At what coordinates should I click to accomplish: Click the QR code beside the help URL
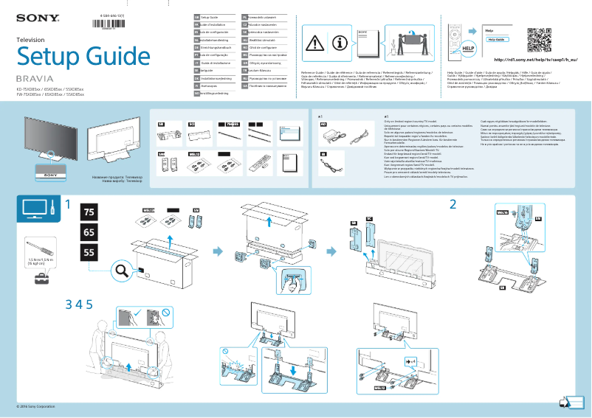539,40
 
